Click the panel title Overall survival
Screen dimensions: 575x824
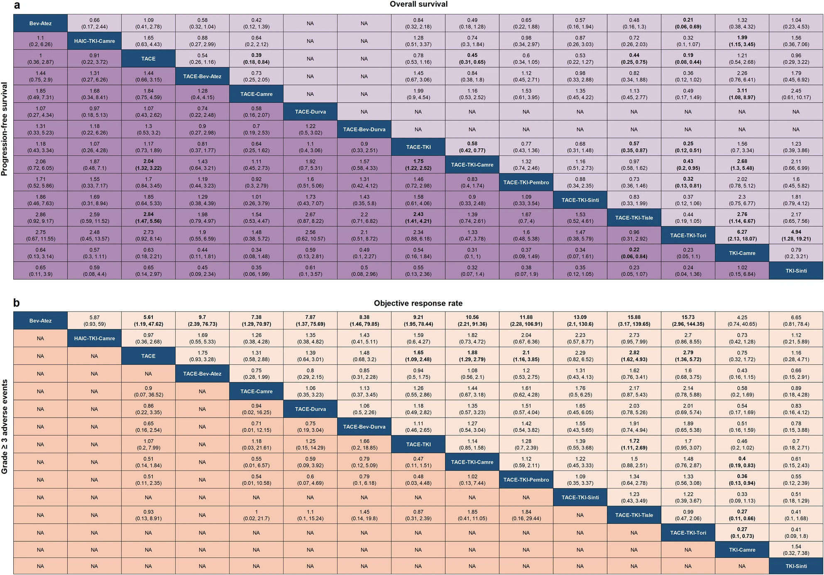pyautogui.click(x=418, y=5)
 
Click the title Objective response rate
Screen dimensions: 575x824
pyautogui.click(x=418, y=303)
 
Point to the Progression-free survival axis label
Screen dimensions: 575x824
pyautogui.click(x=5, y=129)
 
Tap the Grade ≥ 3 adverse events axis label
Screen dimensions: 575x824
pyautogui.click(x=5, y=427)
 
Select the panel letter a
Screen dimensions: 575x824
pyautogui.click(x=17, y=5)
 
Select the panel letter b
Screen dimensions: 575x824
pyautogui.click(x=17, y=303)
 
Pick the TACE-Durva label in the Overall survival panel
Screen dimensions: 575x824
pyautogui.click(x=310, y=112)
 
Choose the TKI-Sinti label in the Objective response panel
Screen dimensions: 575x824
pyautogui.click(x=796, y=566)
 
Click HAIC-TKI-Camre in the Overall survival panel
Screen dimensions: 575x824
pyautogui.click(x=94, y=41)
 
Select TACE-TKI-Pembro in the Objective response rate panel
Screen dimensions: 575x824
pyautogui.click(x=526, y=480)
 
